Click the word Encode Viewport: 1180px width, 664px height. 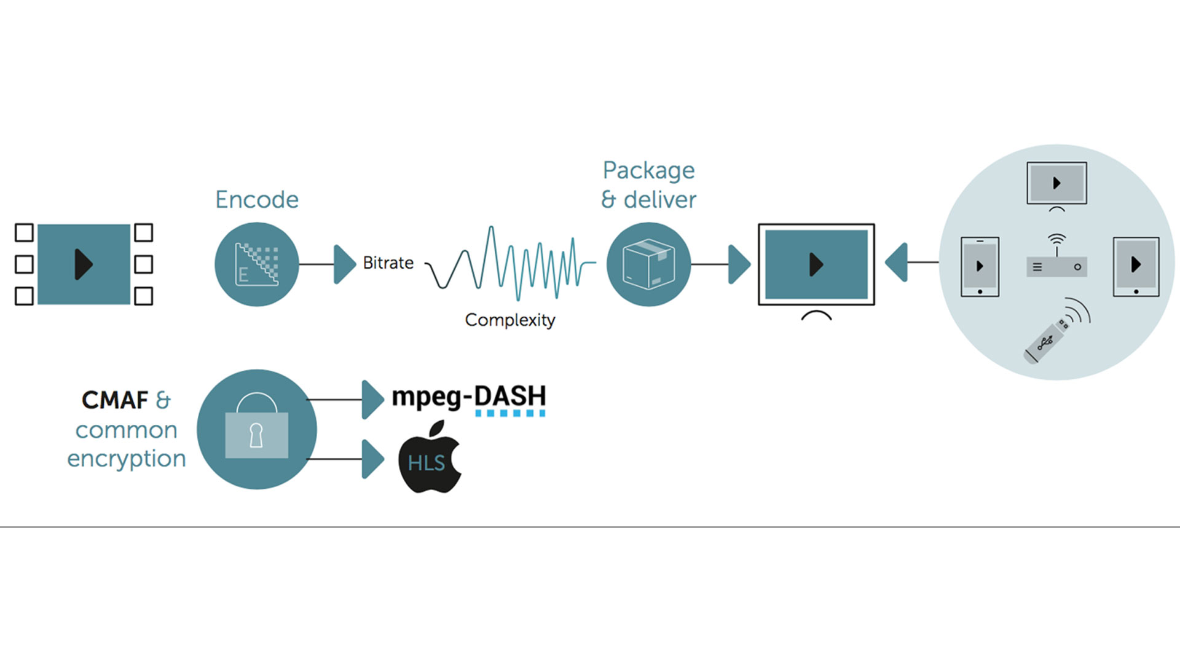(257, 200)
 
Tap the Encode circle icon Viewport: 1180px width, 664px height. (257, 264)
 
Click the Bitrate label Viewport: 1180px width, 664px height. (388, 263)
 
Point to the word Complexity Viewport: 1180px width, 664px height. (510, 320)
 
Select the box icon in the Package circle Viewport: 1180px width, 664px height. (648, 264)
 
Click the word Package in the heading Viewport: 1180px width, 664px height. (648, 170)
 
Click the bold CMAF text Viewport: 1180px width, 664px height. (115, 400)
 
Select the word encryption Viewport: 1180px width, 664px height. (127, 459)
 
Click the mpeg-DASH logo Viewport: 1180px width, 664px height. (469, 398)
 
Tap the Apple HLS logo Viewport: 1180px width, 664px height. (430, 458)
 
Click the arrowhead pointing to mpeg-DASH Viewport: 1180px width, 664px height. (372, 400)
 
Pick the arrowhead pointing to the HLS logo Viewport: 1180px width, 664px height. (372, 459)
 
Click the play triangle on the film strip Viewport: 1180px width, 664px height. (84, 264)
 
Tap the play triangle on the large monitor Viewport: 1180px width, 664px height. (816, 264)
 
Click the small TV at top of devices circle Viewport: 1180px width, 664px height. (1056, 183)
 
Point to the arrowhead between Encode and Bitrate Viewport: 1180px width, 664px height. (344, 264)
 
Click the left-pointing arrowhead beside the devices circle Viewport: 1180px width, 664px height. (897, 263)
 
